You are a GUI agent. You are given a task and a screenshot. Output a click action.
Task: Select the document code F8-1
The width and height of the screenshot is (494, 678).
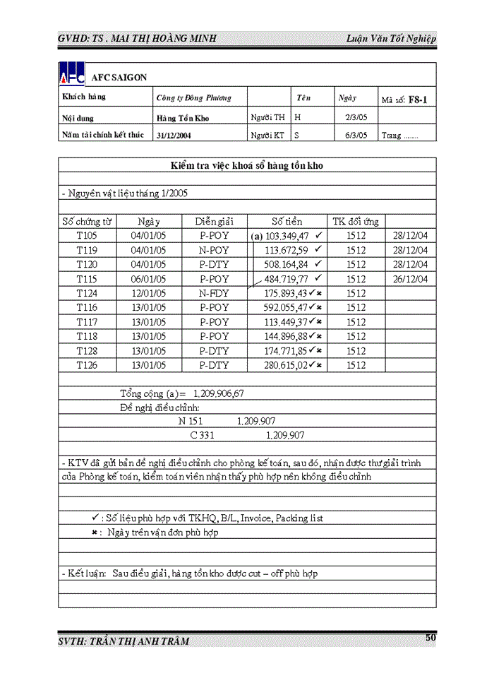pos(418,100)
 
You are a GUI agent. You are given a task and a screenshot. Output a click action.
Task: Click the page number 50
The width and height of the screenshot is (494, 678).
pos(430,638)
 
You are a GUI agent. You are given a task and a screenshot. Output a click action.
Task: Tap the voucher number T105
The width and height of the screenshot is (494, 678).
pos(87,236)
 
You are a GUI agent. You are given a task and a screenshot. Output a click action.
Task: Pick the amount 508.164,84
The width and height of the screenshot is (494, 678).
pos(287,265)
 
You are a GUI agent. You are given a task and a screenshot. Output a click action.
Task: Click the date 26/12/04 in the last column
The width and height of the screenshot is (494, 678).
pos(411,279)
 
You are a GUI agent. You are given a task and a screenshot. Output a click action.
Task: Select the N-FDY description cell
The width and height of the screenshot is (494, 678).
pos(214,293)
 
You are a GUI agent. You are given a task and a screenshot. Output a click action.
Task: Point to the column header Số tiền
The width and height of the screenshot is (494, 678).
pos(288,221)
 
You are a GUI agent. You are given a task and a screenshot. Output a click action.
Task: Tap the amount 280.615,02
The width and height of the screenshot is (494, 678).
pos(287,365)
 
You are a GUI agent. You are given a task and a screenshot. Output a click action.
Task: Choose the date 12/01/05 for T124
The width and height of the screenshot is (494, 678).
pos(148,293)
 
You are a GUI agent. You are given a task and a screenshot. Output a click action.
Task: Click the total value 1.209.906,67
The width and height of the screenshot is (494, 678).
pos(218,393)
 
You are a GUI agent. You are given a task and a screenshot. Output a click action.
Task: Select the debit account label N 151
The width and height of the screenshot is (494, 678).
pos(191,421)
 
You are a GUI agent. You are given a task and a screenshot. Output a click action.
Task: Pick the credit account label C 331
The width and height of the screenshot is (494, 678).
pos(202,435)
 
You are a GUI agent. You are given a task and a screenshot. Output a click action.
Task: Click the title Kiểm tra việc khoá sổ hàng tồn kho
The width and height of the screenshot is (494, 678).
pos(247,165)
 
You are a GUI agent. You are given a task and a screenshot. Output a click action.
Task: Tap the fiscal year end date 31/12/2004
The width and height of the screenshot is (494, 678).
pos(173,135)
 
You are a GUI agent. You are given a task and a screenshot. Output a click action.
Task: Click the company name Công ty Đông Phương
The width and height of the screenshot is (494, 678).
pos(193,98)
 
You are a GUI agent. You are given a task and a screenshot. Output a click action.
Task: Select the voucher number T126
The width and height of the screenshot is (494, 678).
pos(87,365)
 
